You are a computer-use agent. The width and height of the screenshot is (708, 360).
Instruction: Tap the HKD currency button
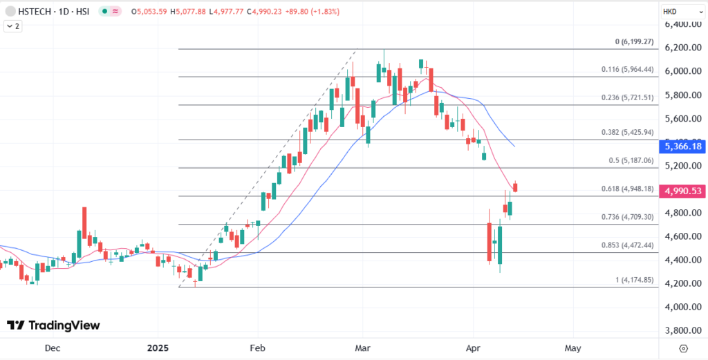pos(670,12)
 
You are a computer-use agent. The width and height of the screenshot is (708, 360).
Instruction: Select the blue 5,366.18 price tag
pos(682,146)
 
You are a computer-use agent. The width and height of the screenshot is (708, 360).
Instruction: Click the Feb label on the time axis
pos(257,348)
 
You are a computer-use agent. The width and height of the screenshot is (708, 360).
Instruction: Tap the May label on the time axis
pos(572,348)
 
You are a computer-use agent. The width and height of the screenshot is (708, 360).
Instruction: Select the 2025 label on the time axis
pos(159,348)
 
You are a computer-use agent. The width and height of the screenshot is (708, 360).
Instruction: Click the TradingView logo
pos(53,325)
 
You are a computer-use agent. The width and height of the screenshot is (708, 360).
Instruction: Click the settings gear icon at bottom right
pos(684,348)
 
